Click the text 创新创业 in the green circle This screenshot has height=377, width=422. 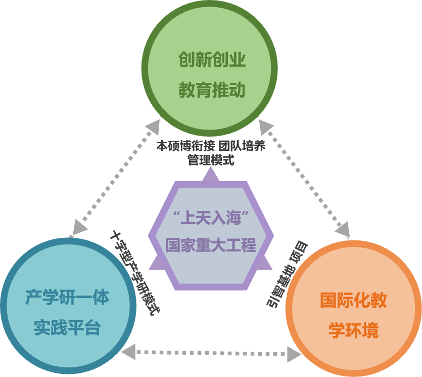tap(212, 61)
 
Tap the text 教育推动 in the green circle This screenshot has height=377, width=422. tap(212, 91)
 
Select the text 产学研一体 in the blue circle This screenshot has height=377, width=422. tap(67, 298)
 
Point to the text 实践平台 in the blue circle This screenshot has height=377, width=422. tap(67, 328)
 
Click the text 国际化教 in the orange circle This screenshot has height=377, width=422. tap(353, 301)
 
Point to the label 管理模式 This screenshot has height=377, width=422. tap(211, 160)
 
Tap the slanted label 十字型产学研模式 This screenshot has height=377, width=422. tap(132, 272)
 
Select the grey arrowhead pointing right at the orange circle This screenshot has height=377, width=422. tap(293, 352)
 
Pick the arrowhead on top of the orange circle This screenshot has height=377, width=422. tap(343, 230)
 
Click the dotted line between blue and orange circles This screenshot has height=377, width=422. tap(212, 351)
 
